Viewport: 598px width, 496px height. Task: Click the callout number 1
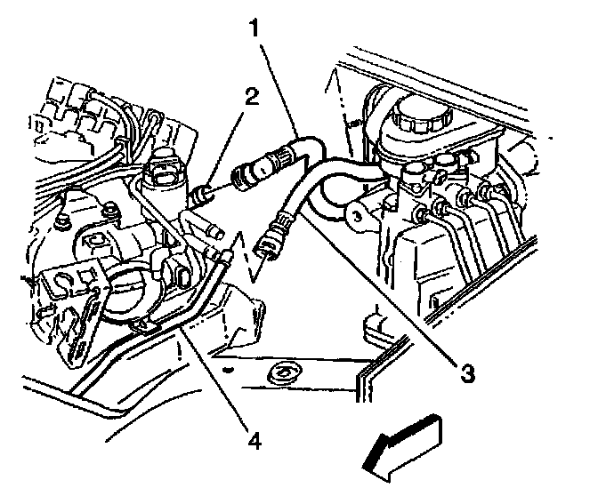click(255, 29)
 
